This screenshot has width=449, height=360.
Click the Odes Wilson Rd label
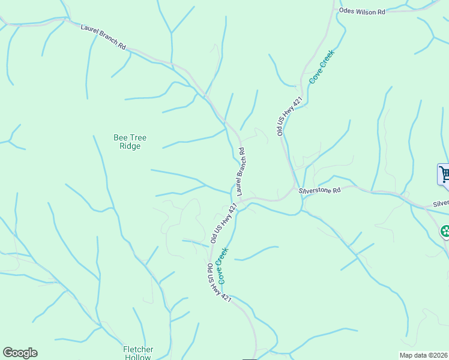[361, 11]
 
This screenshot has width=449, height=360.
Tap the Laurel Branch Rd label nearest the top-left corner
[103, 37]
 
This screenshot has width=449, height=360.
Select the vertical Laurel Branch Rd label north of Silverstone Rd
[242, 172]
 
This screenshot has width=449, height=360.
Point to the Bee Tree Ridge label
[130, 142]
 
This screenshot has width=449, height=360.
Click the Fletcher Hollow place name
[138, 353]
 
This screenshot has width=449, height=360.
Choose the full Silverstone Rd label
[319, 190]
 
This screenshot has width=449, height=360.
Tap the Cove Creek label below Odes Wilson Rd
[321, 67]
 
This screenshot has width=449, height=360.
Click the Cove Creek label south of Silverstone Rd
[222, 265]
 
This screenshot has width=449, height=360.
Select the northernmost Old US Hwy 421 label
[289, 115]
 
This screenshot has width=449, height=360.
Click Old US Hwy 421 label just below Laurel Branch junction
[224, 222]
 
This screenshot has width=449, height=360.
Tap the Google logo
[20, 353]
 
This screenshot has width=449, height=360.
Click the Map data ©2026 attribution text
[423, 355]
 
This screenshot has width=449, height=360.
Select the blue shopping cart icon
[444, 175]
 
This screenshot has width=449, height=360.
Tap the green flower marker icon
[445, 231]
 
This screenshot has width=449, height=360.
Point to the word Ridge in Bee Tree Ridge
[130, 146]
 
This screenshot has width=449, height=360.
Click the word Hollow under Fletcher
[138, 357]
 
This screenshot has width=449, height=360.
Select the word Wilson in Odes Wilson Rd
[364, 11]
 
